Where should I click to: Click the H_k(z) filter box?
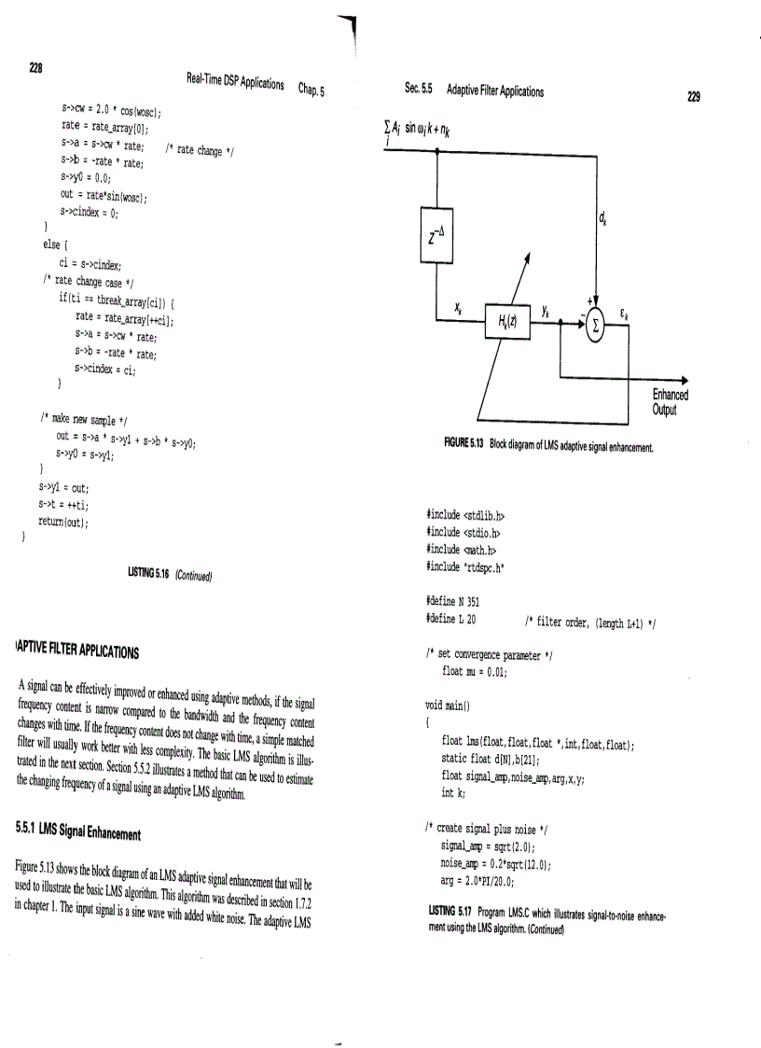click(x=516, y=322)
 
